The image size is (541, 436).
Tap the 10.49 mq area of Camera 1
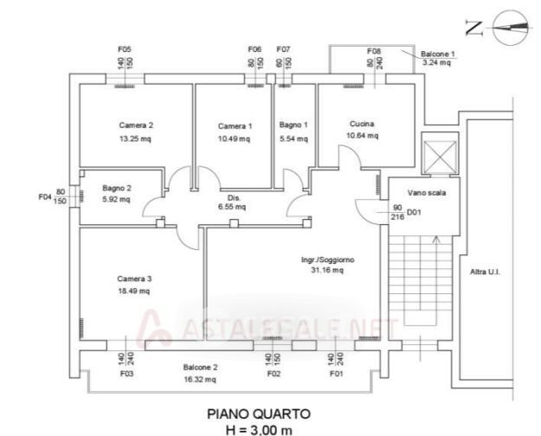235,138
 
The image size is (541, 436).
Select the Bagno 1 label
293,125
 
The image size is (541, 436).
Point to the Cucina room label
361,123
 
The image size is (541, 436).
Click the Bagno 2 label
116,188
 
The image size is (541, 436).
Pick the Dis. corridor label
233,196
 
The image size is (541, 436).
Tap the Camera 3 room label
134,279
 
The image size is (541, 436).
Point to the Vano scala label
428,193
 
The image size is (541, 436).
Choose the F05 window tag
125,48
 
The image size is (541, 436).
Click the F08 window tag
374,51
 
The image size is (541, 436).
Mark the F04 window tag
45,197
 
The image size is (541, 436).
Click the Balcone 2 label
200,367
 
